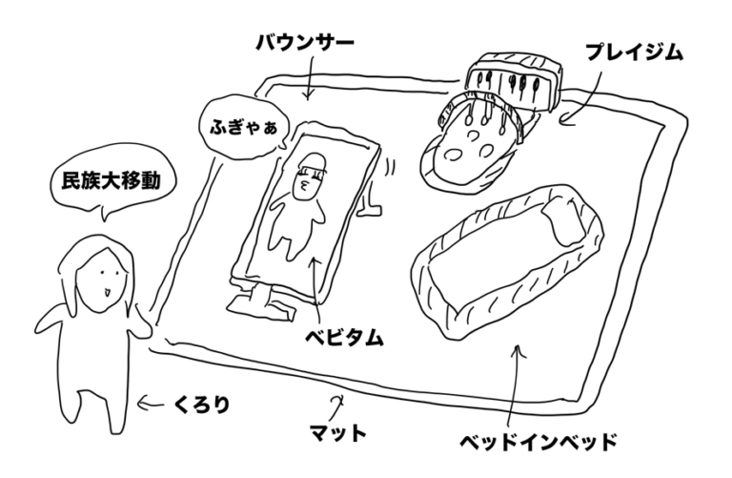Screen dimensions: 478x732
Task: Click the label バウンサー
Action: [x=306, y=43]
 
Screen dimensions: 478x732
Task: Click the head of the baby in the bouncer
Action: [x=312, y=176]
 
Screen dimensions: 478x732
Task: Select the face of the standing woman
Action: [x=99, y=281]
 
